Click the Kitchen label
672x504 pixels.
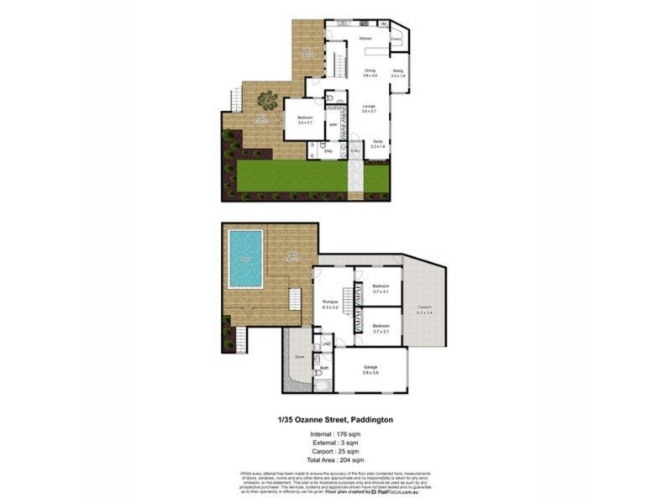[365, 39]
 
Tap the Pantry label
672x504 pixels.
[395, 39]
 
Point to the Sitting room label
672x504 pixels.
[398, 73]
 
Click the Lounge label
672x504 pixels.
[369, 108]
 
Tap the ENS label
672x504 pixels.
[328, 151]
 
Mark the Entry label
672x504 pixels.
[355, 151]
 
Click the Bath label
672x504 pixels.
[325, 367]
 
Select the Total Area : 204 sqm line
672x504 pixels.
[335, 460]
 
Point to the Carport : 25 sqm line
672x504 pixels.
[335, 450]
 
